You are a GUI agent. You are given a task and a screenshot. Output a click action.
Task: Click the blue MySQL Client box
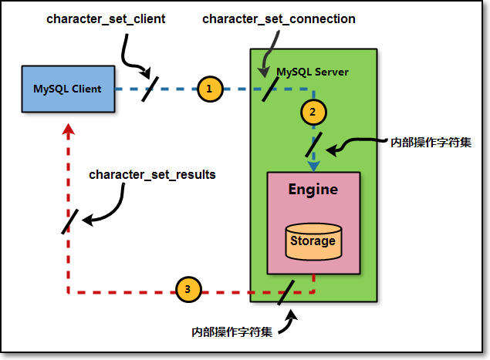(x=67, y=89)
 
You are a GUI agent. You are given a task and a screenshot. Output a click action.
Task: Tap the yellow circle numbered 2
(x=313, y=112)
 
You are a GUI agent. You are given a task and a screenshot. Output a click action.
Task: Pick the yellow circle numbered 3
(x=188, y=290)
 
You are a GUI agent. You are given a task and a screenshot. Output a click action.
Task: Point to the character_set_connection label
(x=279, y=19)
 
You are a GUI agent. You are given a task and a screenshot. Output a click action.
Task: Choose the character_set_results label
(x=152, y=175)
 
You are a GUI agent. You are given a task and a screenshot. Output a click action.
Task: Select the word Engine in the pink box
(x=313, y=189)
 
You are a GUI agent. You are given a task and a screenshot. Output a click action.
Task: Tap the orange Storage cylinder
(x=313, y=241)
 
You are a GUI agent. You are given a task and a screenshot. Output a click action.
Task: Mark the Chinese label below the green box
(x=231, y=332)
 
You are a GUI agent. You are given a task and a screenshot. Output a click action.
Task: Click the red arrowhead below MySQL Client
(x=68, y=130)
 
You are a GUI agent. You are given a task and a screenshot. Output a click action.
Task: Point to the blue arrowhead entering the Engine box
(x=313, y=165)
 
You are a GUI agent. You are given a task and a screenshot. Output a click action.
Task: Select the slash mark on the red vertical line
(x=69, y=221)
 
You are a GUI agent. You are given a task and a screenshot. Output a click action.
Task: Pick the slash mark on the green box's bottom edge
(x=286, y=292)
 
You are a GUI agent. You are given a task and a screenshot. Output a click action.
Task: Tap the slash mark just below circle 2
(x=314, y=143)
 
